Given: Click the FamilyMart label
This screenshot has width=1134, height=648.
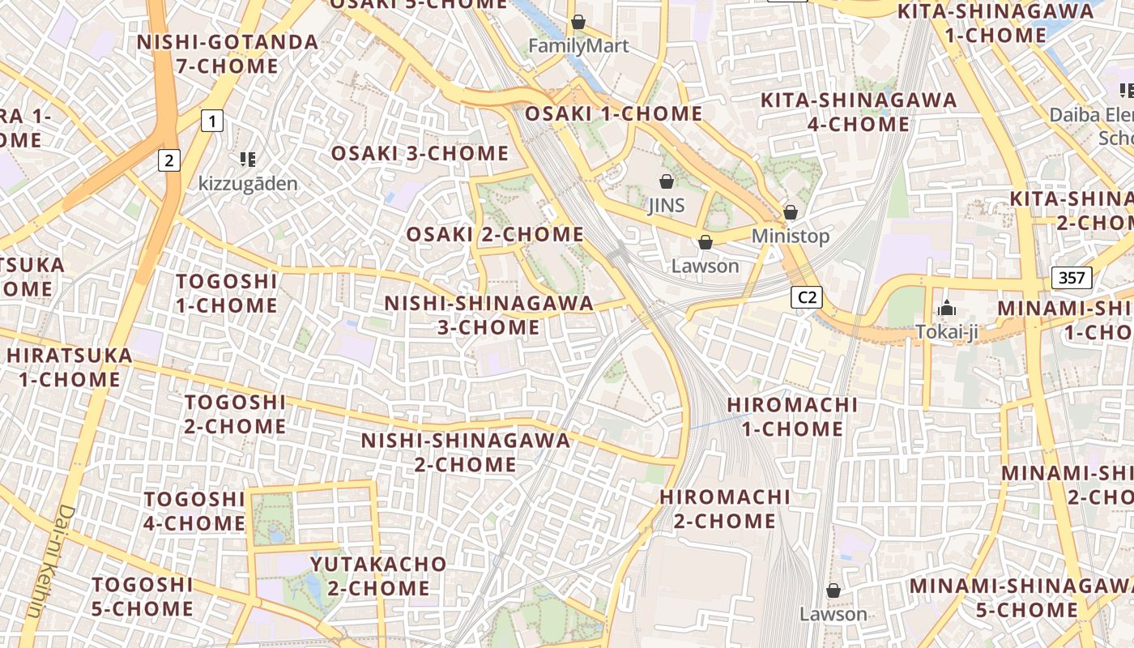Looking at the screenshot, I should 578,46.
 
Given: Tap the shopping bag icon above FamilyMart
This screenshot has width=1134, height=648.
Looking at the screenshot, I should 578,22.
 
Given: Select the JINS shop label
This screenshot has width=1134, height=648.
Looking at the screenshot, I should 667,206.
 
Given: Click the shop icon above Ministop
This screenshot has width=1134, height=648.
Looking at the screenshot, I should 791,212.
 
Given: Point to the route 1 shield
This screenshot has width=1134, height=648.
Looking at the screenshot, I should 211,122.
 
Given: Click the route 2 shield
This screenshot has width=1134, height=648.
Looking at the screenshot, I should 168,160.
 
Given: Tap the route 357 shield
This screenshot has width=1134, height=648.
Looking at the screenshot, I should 1072,279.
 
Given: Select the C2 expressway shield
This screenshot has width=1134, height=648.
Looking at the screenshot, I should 807,297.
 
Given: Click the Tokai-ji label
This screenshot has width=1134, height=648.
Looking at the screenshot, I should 946,332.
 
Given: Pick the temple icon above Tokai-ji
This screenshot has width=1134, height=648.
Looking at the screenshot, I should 946,308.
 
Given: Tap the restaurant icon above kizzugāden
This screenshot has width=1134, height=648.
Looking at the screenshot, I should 248,159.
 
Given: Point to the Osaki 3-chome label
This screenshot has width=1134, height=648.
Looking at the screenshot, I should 420,153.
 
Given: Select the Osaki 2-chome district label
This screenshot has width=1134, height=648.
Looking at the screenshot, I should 495,234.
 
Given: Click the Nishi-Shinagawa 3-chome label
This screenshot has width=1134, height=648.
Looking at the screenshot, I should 488,315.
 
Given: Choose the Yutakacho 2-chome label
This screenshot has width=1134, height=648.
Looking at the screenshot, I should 379,575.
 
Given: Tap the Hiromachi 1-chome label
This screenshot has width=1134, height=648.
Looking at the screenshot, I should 792,416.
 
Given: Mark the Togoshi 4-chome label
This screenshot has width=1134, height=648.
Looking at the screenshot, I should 194,510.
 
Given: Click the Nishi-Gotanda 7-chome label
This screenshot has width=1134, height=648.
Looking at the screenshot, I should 228,53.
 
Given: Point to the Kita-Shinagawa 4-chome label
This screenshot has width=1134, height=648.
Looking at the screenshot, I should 859,112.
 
